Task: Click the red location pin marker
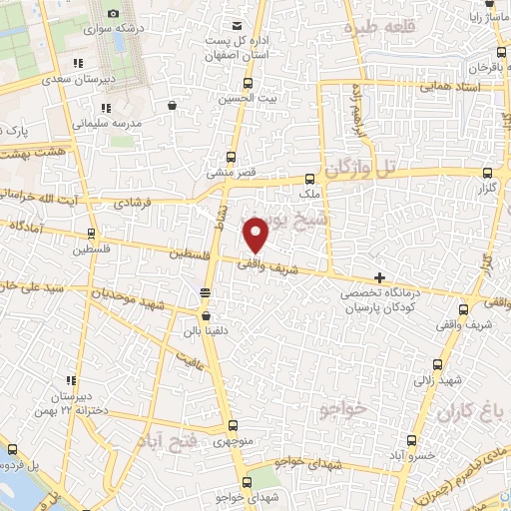(257, 235)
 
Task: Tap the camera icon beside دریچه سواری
(113, 13)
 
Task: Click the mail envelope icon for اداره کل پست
(236, 25)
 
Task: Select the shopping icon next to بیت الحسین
(174, 104)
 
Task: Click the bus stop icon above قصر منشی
(233, 157)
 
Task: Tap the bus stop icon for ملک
(310, 181)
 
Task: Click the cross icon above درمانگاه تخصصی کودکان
(378, 276)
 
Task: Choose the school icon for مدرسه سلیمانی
(106, 108)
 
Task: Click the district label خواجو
(345, 409)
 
